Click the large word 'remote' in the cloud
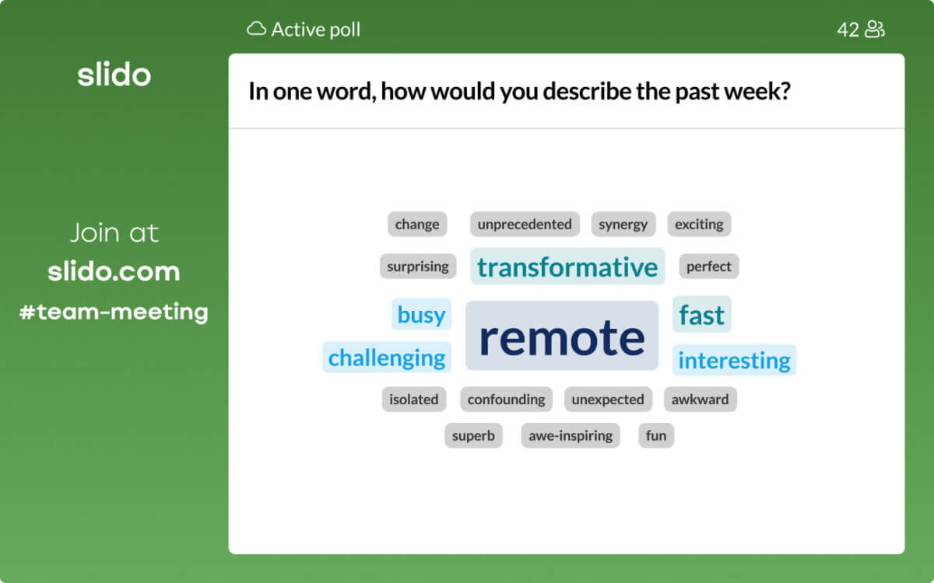[562, 336]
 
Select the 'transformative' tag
[567, 267]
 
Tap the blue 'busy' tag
[422, 314]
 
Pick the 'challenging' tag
[387, 358]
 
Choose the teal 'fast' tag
[702, 314]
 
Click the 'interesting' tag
[734, 360]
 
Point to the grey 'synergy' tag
[623, 225]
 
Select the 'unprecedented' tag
[525, 225]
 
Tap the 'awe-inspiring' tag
[571, 435]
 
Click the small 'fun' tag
[656, 435]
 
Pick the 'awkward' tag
[700, 400]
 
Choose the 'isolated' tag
[413, 400]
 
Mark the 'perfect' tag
[709, 266]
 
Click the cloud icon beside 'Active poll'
[256, 29]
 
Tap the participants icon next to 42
[875, 30]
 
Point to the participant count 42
[848, 30]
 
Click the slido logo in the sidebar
[114, 75]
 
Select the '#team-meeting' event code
[114, 312]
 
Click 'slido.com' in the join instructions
[114, 271]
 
